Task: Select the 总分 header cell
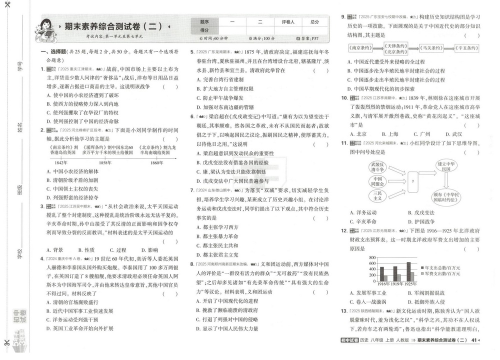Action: [x=314, y=22]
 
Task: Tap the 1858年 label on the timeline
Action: [x=105, y=163]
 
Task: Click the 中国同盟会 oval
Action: [x=377, y=180]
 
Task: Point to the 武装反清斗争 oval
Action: [x=377, y=166]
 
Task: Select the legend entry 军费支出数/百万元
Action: [x=442, y=274]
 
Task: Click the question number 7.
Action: [x=192, y=190]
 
